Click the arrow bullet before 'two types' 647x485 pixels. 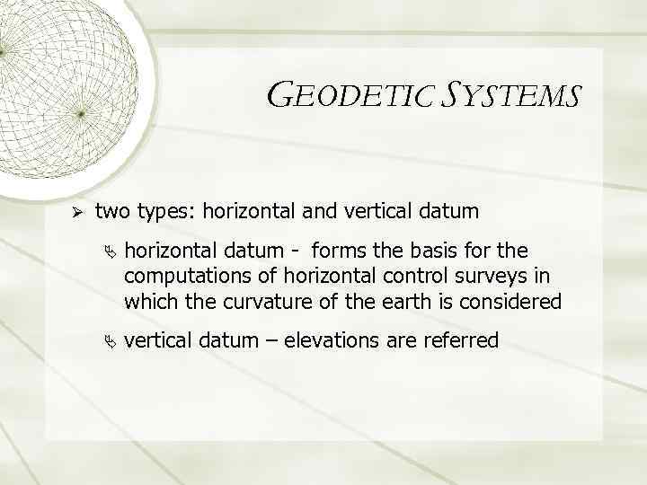[77, 213]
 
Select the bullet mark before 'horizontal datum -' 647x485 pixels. [112, 248]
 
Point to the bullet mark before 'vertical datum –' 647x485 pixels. [112, 340]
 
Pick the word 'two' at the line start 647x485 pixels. [112, 213]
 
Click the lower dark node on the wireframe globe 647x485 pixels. [80, 114]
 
